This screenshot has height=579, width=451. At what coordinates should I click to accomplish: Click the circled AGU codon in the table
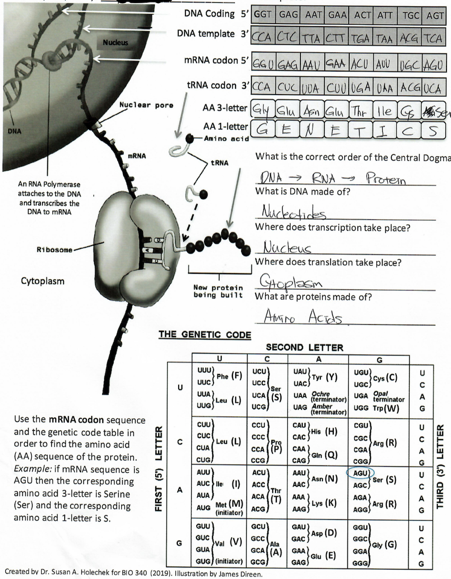point(360,473)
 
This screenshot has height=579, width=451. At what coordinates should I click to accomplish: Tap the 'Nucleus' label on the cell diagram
point(115,43)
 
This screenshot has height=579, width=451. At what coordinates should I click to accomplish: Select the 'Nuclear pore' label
point(146,105)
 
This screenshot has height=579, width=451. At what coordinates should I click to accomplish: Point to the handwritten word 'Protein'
point(385,179)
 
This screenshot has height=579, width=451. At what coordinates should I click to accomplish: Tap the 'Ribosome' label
point(54,250)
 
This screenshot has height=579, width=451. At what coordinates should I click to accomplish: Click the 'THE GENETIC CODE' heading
point(204,335)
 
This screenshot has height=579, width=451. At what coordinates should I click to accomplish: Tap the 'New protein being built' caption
point(218,291)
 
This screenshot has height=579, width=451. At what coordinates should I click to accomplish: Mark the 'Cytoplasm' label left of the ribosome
point(43,281)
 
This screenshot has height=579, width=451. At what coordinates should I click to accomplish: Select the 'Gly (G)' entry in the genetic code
point(384,545)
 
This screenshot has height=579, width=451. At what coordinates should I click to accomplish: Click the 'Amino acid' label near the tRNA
point(226,138)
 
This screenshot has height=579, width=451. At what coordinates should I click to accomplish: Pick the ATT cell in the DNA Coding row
point(385,14)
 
